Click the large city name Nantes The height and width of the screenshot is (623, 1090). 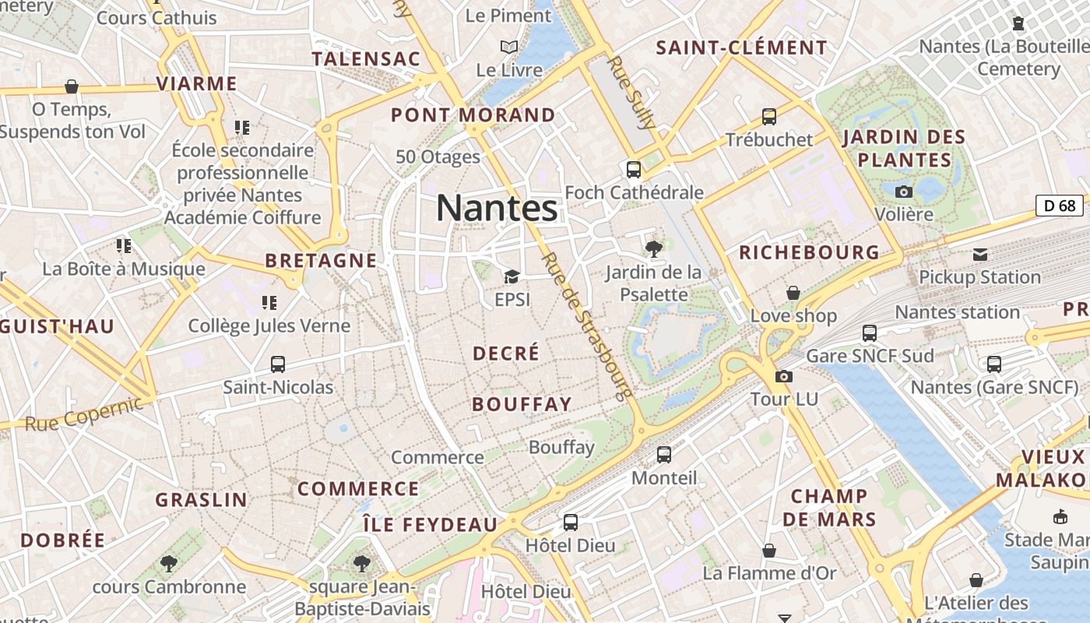497,208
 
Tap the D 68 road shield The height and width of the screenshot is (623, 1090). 1060,206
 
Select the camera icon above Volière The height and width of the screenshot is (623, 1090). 904,192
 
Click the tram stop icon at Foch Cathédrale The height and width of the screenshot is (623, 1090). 634,169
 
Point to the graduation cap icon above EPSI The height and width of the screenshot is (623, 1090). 512,276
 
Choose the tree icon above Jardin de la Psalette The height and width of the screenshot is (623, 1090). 654,249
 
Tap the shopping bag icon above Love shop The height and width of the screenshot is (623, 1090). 793,293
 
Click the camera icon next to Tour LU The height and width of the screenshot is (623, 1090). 784,377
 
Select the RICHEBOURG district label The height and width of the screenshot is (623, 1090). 809,252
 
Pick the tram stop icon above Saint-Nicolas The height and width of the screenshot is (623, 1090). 278,364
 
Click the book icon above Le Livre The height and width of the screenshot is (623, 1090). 509,47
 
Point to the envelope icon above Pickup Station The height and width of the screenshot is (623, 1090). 979,255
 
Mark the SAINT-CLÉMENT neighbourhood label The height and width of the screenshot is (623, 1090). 741,48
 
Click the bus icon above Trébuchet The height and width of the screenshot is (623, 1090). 769,117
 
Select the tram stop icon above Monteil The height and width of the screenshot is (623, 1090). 664,454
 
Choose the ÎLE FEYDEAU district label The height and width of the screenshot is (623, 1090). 430,525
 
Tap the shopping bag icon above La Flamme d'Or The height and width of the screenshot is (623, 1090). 769,551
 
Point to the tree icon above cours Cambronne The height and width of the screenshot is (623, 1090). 168,563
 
